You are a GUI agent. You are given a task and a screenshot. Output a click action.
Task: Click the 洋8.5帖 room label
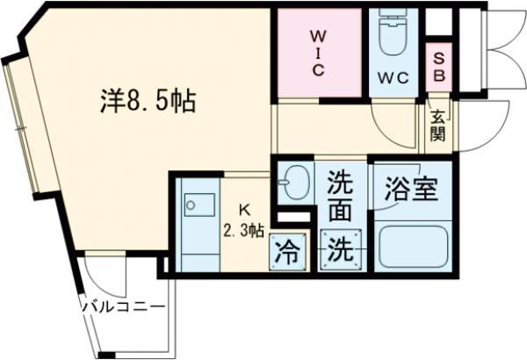147,101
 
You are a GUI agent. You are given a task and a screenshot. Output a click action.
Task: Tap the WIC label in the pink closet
317,54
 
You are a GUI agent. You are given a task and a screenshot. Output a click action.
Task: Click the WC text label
393,78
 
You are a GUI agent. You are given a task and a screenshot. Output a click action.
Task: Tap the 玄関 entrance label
437,125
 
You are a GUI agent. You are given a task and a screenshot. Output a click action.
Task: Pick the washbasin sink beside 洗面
294,183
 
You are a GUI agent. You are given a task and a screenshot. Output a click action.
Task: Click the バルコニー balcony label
124,307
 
